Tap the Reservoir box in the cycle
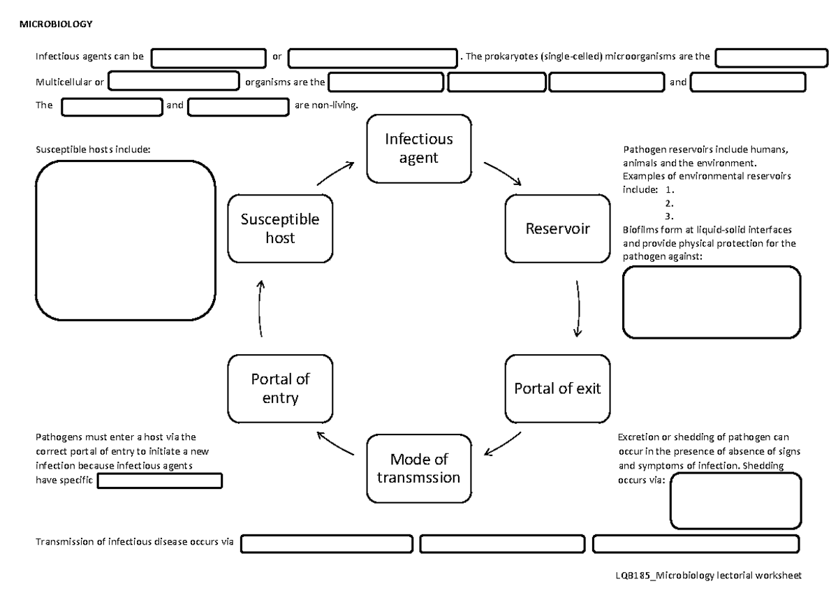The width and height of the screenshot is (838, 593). tap(557, 228)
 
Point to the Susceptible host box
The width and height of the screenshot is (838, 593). tap(280, 228)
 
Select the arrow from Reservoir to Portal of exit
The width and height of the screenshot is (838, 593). tap(578, 309)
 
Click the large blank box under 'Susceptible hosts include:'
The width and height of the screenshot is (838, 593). tap(125, 240)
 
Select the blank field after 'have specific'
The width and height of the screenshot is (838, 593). tap(160, 481)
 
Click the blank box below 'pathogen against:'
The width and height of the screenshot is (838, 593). tap(711, 302)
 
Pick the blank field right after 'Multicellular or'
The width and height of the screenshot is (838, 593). tap(174, 82)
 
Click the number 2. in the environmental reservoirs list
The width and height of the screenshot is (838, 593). tap(669, 203)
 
